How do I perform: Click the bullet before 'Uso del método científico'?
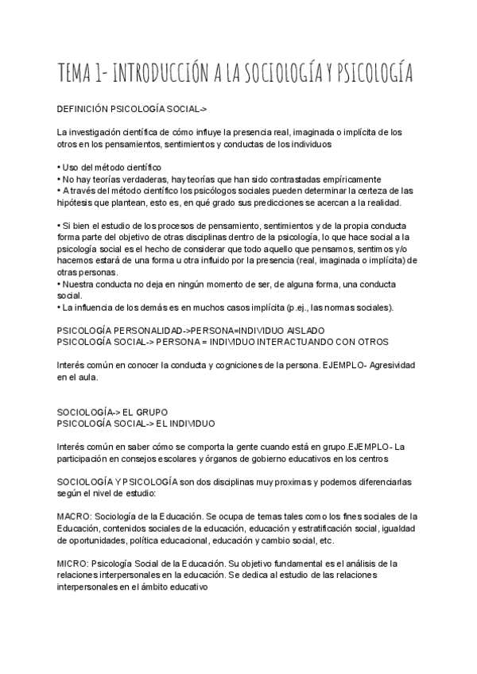tap(59, 168)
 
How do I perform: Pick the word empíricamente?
tap(346, 179)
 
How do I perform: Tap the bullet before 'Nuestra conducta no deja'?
tap(59, 282)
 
